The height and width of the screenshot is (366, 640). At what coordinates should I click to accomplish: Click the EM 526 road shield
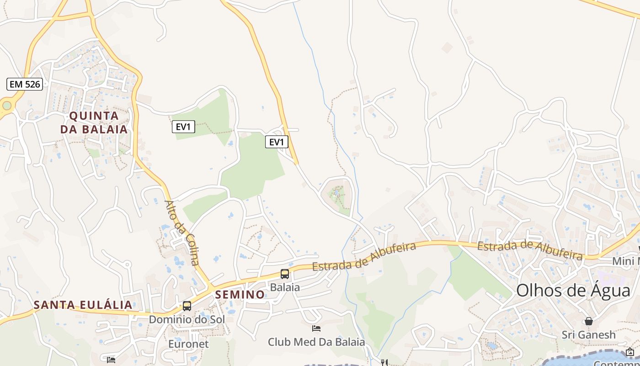coord(25,84)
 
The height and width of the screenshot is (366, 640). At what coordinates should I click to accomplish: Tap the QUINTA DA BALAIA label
coord(94,122)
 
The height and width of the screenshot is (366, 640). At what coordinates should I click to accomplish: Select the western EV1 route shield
coord(183,127)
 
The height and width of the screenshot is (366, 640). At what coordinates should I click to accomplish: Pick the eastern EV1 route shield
coord(277,142)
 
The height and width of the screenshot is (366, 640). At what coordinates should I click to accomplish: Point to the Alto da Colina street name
coord(181,232)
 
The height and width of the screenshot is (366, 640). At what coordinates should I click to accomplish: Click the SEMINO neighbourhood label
coord(240,295)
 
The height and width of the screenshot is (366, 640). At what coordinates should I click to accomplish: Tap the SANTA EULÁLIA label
coord(83,305)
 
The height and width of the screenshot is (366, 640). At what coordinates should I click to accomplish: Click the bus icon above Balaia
coord(284,274)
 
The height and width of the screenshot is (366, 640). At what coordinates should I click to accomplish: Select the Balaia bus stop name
coord(285,287)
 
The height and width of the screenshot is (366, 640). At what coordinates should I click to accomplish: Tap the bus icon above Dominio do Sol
coord(187,306)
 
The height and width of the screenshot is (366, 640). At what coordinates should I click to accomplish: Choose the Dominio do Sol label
coord(187,319)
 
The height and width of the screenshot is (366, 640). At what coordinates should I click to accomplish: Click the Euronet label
coord(188,344)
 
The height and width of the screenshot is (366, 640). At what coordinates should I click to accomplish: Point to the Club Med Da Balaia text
coord(316,342)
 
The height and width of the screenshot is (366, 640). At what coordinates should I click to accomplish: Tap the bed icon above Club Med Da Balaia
coord(316,328)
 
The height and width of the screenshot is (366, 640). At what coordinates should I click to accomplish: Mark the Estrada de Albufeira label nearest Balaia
coord(364,256)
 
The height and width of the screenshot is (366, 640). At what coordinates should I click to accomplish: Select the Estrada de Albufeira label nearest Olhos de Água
coord(530,251)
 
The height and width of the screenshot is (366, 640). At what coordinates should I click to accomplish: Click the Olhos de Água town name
coord(573,291)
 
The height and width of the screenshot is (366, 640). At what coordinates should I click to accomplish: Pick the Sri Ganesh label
coord(589,334)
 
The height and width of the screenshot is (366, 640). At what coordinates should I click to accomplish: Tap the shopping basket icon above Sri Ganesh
coord(589,321)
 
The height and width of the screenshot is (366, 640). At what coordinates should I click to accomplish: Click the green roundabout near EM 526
coord(6,106)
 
